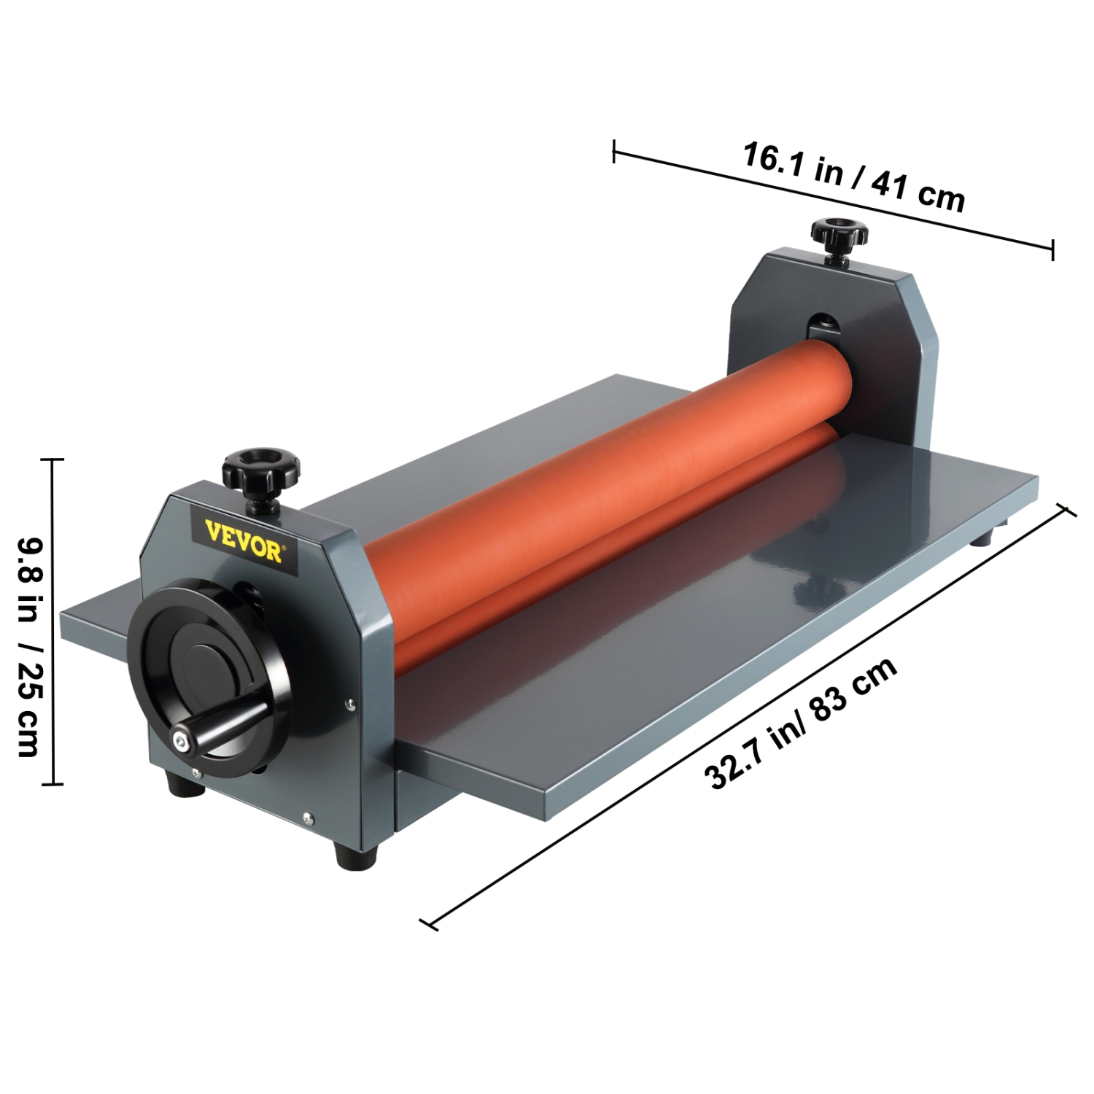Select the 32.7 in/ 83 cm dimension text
[801, 723]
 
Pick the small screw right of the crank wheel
[352, 704]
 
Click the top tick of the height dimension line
[53, 459]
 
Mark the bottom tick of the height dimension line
[53, 785]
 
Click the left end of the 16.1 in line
[615, 152]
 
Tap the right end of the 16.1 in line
[1052, 249]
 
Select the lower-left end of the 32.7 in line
[430, 925]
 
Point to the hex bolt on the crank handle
[180, 741]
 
